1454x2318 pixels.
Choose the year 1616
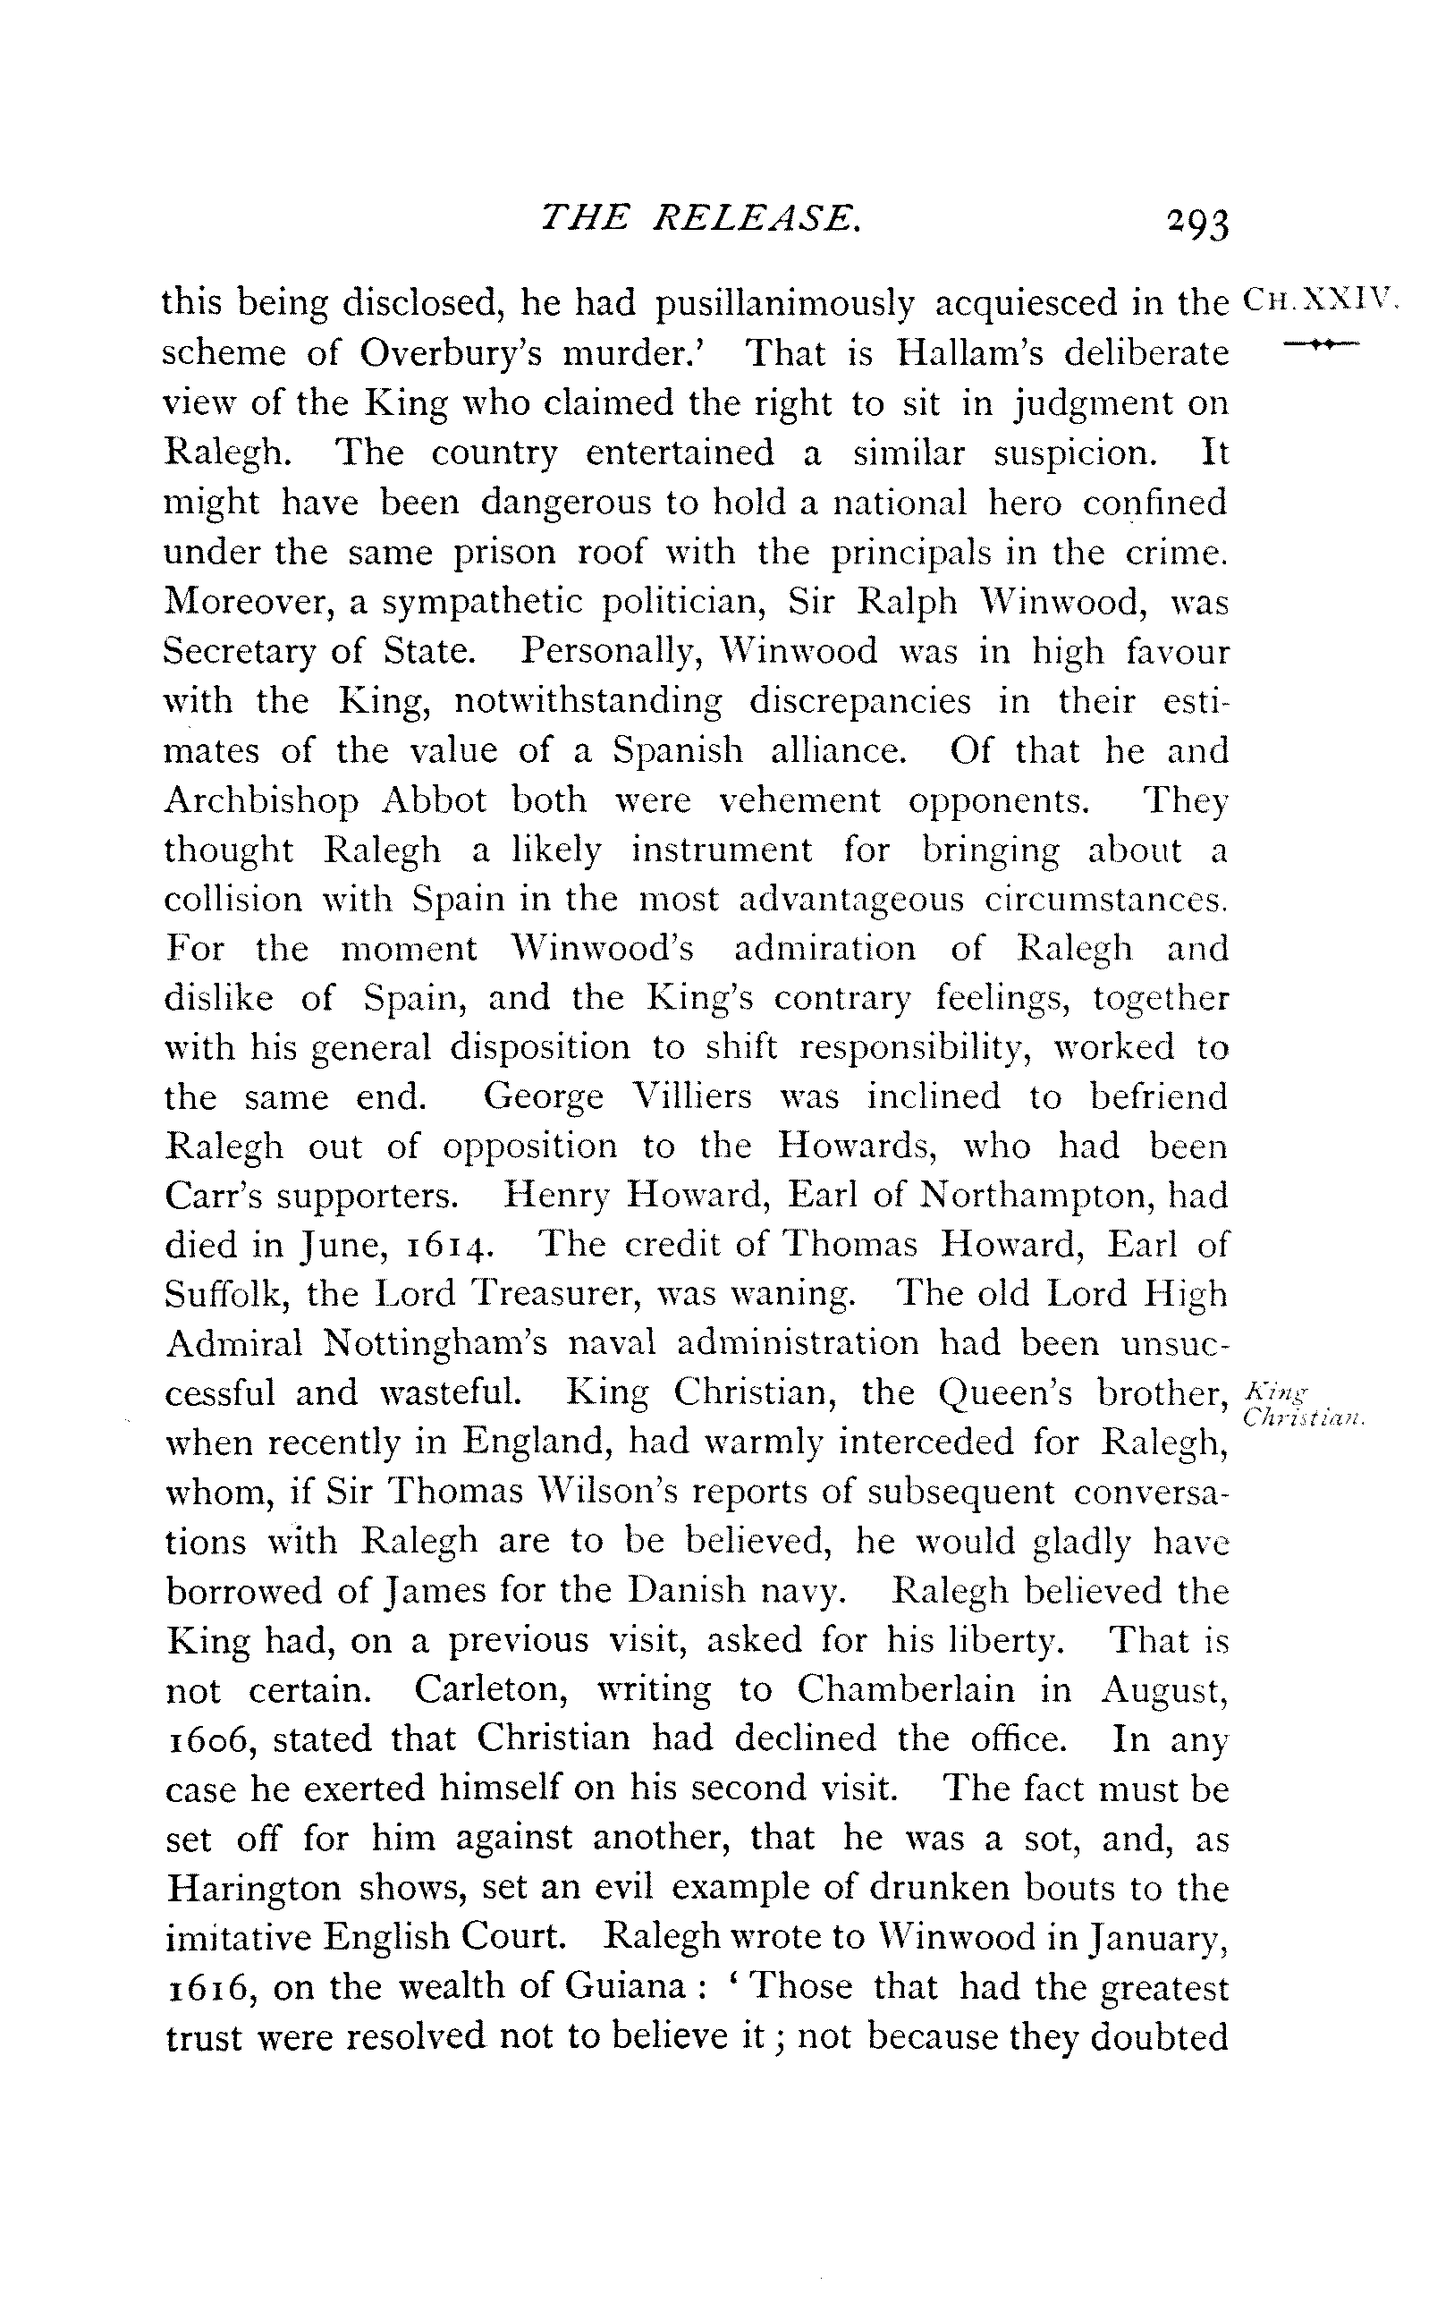(x=212, y=1987)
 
